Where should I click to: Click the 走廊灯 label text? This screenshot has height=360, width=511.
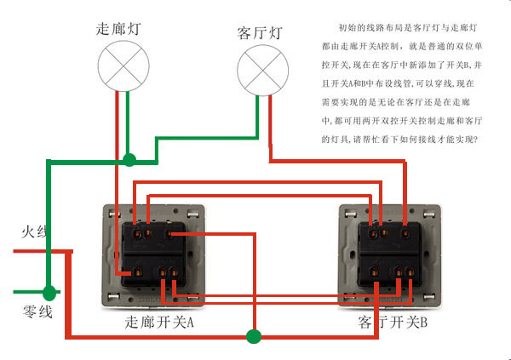[119, 28]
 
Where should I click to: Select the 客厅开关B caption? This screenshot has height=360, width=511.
[393, 323]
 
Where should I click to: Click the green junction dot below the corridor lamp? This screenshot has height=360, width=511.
[129, 159]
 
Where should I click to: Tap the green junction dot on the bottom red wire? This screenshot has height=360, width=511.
[252, 335]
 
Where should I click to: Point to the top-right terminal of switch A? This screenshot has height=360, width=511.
[173, 232]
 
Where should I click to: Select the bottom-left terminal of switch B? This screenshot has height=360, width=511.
[372, 272]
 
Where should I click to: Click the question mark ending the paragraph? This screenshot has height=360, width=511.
[480, 139]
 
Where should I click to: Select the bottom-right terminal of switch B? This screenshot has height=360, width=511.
[410, 272]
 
